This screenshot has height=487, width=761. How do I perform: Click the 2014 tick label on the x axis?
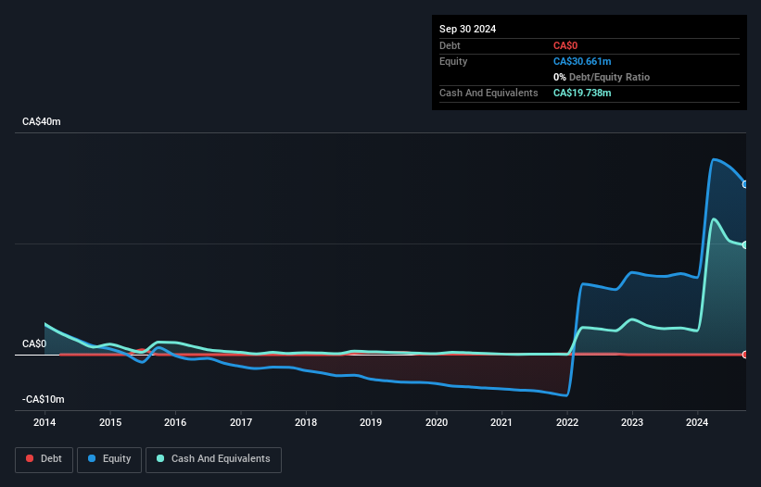coord(44,423)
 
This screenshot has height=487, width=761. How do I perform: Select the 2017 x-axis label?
coord(240,423)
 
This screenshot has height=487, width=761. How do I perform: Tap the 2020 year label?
coord(437,423)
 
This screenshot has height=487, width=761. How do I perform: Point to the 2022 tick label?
coord(567,423)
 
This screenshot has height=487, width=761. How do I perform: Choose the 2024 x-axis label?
coord(698,423)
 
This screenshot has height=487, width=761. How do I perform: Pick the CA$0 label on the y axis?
coord(34,343)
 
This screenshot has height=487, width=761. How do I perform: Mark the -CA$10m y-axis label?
coord(44,399)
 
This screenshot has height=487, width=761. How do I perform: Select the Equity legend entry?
coord(109,459)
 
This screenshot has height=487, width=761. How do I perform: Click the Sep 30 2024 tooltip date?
coord(467,29)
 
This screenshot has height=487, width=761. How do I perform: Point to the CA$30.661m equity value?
coord(582,61)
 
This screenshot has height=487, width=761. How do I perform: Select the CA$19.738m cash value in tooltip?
coord(582,93)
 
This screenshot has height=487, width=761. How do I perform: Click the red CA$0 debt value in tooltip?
coord(566,45)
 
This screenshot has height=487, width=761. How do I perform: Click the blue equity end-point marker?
coord(745,184)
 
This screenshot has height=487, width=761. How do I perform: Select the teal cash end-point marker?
coord(745,245)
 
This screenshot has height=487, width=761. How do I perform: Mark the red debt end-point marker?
coord(745,355)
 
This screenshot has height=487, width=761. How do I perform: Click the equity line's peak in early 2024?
coord(714,160)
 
